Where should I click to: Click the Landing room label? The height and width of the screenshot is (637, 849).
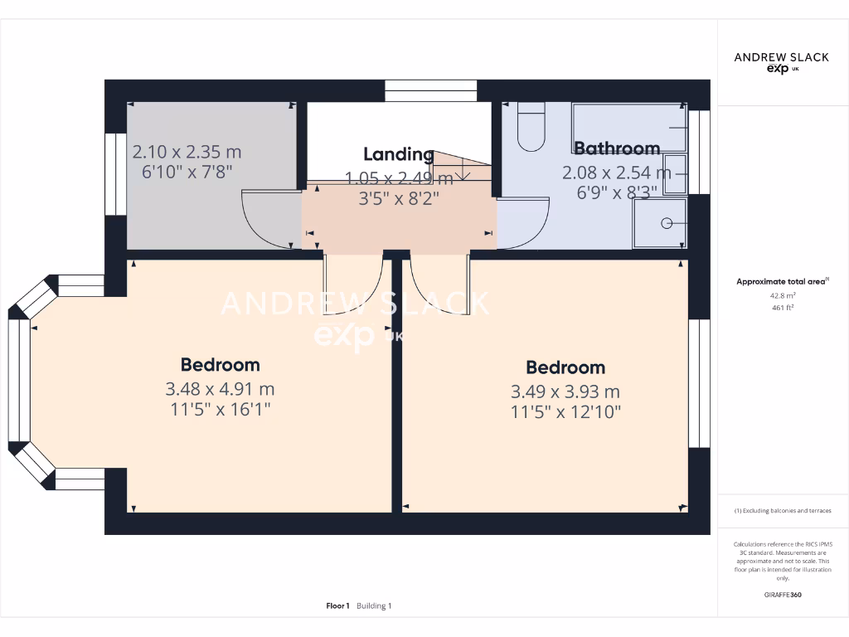tap(399, 154)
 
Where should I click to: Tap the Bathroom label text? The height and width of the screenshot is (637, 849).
tap(617, 148)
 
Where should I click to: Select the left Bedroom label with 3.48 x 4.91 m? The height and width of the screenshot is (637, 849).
tap(220, 365)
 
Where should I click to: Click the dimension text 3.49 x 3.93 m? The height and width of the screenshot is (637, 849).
tap(566, 391)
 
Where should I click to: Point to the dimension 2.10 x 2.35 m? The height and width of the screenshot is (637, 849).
tap(187, 152)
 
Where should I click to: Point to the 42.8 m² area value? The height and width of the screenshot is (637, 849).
tap(783, 294)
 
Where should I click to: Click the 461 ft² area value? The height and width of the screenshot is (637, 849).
tap(783, 307)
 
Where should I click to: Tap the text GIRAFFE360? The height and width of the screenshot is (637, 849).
tap(783, 595)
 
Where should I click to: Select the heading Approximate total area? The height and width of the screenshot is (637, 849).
tap(781, 282)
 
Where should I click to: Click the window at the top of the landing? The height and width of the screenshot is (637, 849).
tap(431, 90)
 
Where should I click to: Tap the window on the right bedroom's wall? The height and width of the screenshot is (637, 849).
tap(699, 383)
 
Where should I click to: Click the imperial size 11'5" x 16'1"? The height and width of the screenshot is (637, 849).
tap(220, 408)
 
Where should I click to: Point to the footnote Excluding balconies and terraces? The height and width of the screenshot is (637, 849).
tap(783, 511)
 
